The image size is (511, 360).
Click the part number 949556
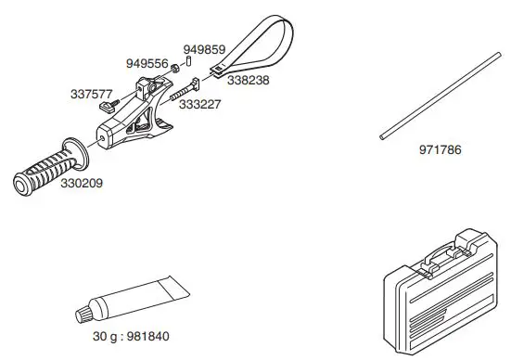147,63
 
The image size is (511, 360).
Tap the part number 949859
202,48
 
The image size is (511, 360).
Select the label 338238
248,81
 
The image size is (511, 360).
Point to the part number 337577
91,94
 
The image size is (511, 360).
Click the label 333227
199,106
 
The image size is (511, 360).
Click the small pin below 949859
188,62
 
